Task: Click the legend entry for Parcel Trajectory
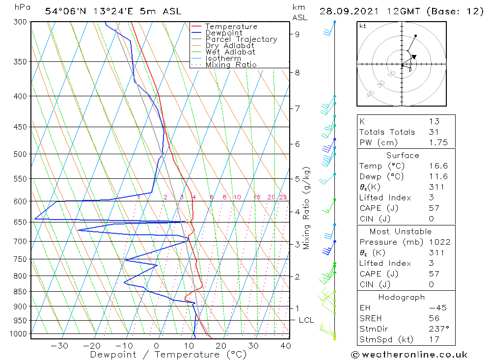click(x=241, y=39)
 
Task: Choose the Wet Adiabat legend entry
click(x=230, y=52)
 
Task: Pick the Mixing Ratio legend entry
click(x=231, y=65)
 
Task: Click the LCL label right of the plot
click(x=306, y=320)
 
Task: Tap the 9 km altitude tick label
click(x=298, y=34)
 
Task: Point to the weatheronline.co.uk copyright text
click(x=409, y=355)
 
